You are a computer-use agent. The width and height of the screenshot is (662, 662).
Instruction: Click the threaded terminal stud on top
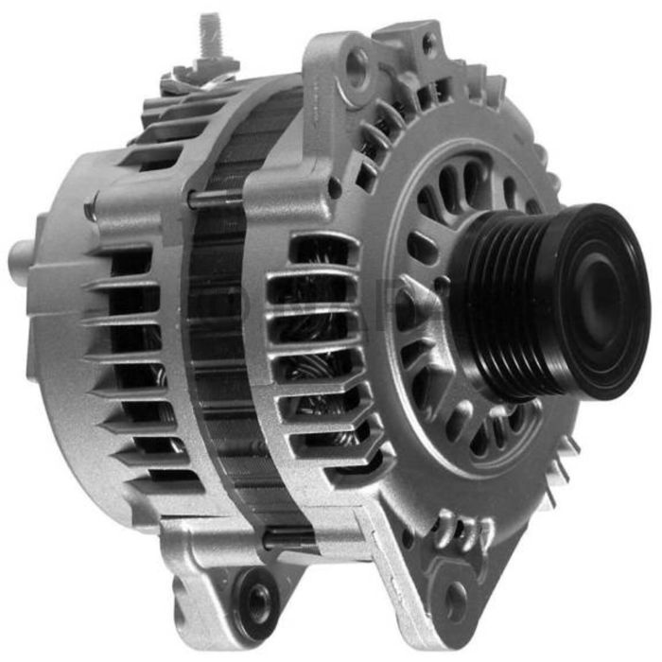[210, 35]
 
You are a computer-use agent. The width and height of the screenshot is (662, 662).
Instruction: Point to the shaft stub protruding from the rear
[21, 255]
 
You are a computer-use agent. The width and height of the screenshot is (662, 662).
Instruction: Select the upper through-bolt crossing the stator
[218, 198]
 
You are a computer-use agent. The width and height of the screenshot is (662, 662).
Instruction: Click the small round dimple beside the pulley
[441, 284]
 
